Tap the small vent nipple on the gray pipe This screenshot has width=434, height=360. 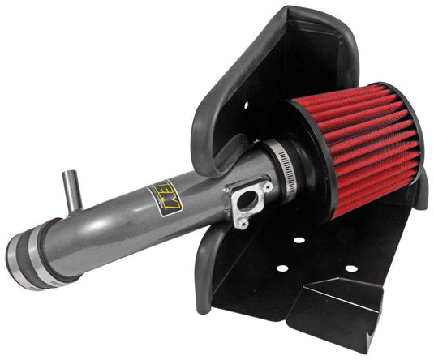71,191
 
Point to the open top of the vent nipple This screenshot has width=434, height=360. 69,174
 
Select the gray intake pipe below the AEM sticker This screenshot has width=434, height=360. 154,223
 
